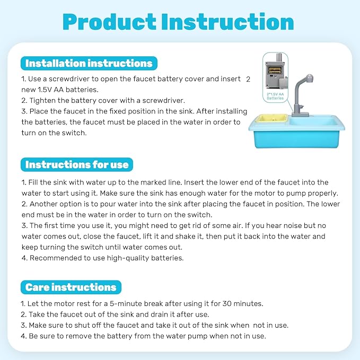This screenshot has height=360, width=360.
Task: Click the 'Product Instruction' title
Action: pyautogui.click(x=178, y=22)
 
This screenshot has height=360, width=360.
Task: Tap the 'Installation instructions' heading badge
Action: pyautogui.click(x=89, y=64)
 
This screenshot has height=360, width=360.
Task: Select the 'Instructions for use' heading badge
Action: pyautogui.click(x=77, y=165)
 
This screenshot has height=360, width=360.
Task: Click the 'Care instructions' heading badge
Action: pyautogui.click(x=71, y=288)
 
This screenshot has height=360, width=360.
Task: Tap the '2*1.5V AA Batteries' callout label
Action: pyautogui.click(x=275, y=96)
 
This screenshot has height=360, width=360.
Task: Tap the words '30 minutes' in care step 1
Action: pyautogui.click(x=243, y=304)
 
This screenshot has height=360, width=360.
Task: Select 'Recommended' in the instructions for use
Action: pyautogui.click(x=56, y=258)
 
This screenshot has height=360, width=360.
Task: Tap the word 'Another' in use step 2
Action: pyautogui.click(x=45, y=204)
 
